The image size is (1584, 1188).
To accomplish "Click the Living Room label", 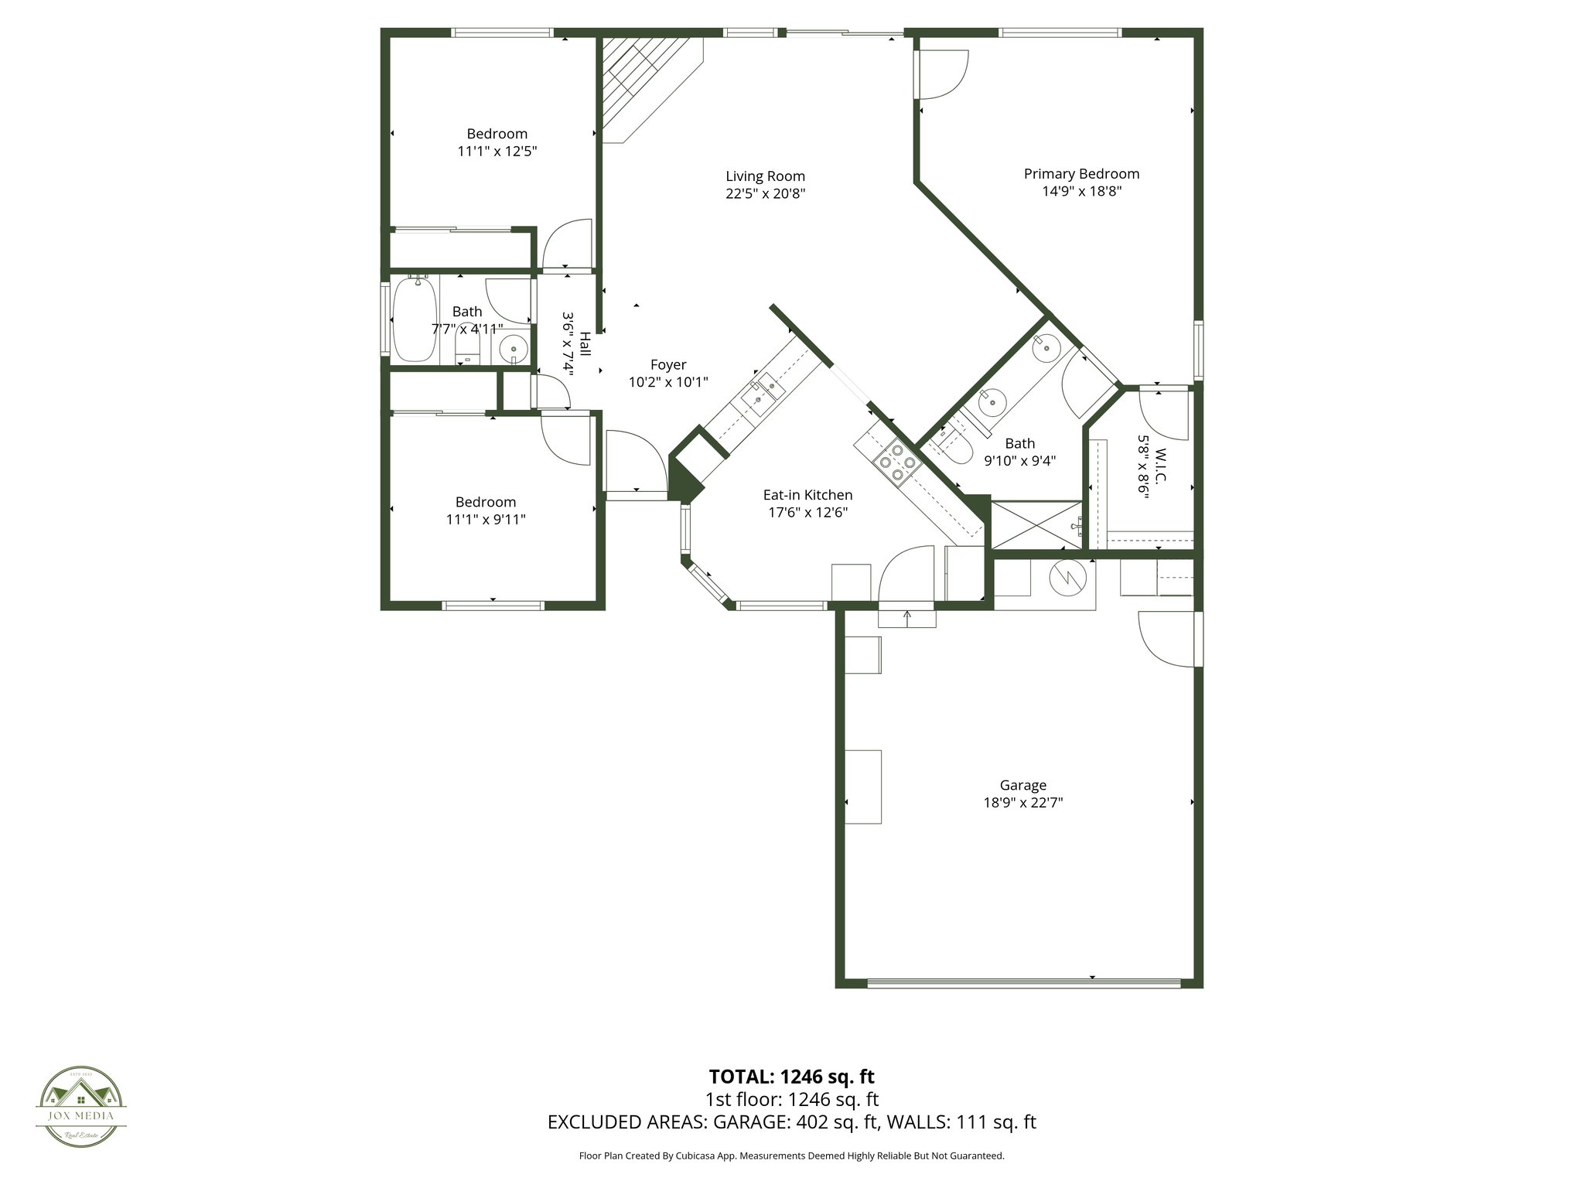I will pos(765,176).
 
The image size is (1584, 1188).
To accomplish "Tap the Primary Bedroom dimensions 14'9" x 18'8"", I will pos(1081,191).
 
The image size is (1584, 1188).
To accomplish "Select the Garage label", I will pos(1022,785).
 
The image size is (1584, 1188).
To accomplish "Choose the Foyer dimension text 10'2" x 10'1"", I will pos(668,382).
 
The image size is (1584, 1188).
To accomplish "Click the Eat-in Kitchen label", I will pos(807,495).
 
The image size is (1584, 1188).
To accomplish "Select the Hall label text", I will pos(585,343).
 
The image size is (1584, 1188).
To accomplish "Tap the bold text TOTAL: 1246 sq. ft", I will pos(791,1076).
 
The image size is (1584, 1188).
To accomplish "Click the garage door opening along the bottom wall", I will pos(1023,983).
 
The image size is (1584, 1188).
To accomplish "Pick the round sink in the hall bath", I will pos(513,350).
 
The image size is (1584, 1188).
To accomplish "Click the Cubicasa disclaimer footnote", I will pos(791,1156).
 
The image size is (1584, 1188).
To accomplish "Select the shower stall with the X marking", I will pos(1036,525).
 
